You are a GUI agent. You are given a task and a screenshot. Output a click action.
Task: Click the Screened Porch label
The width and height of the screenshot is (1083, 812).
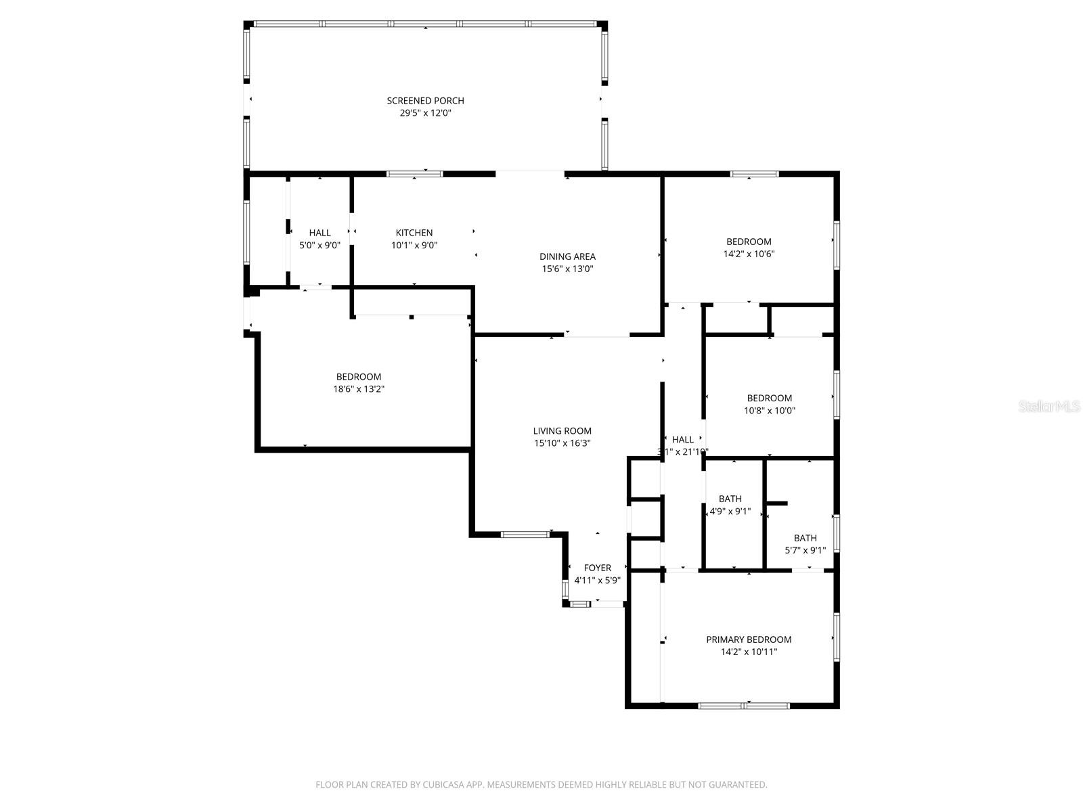pos(425,101)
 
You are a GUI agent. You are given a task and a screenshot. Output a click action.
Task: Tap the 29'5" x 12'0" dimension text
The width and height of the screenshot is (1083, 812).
pos(425,113)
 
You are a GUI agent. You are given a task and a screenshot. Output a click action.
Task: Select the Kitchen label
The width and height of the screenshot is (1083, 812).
pos(414,233)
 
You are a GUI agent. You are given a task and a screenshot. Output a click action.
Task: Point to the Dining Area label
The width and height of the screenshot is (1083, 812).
pos(567,256)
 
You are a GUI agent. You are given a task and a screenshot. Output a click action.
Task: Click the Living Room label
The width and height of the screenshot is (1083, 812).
pos(562,431)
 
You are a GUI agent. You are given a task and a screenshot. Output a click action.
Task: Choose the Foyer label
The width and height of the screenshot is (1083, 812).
pos(597,568)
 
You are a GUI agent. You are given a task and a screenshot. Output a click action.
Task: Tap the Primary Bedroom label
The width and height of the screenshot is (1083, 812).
pos(749,639)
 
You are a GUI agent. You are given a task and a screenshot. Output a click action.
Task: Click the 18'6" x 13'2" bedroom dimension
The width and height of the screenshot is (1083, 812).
pos(359,389)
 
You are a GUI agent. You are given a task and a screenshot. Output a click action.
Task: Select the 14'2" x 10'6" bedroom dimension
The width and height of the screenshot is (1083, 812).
pos(749,254)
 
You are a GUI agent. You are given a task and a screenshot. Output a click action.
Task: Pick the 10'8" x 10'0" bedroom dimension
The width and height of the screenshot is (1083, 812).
pos(770,411)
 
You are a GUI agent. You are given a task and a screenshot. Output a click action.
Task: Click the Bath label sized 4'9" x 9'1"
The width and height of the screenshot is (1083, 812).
pos(730,499)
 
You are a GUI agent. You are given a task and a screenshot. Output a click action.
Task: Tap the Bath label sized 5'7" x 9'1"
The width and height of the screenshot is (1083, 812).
pos(805,539)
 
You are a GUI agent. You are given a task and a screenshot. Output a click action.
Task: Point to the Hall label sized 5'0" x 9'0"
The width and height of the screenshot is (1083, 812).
pos(319,233)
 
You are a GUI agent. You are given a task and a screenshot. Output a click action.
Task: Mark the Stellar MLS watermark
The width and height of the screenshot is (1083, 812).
pos(1049,407)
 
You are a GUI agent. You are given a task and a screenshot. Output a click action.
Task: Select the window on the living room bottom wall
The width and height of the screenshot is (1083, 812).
pos(525,535)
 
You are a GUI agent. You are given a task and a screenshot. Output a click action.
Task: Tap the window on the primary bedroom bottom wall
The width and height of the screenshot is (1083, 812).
pos(743,706)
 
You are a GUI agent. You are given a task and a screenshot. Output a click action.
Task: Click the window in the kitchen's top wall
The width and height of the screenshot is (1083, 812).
pos(414,174)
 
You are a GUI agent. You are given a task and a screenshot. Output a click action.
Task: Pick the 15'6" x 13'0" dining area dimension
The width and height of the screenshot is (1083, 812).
pos(567,269)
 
